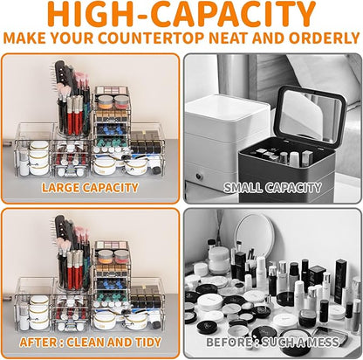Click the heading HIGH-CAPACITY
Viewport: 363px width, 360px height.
coord(181,14)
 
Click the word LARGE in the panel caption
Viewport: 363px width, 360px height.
coord(61,188)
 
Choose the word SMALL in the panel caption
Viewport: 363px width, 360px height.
coord(243,188)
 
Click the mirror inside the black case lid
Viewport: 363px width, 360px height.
coord(309,115)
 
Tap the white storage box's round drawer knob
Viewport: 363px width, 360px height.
coord(199,177)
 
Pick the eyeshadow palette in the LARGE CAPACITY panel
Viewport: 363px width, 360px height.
coord(112,90)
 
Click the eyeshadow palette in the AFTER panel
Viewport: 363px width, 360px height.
coord(112,245)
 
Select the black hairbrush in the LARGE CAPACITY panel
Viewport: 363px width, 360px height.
coord(63,76)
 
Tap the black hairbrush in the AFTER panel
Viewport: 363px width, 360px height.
coord(63,231)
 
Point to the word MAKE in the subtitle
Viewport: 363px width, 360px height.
coord(24,38)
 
